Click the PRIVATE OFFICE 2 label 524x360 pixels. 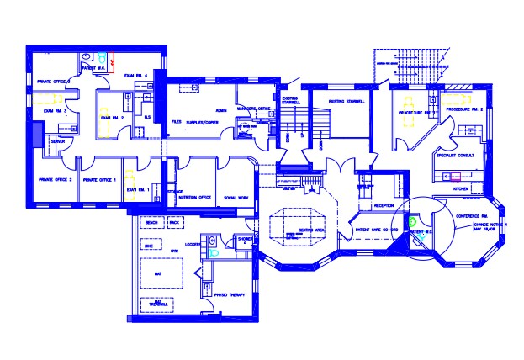53,180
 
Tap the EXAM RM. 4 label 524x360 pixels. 136,77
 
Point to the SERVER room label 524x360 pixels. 58,142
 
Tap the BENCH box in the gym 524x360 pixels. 151,223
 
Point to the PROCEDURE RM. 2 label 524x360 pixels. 463,110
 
